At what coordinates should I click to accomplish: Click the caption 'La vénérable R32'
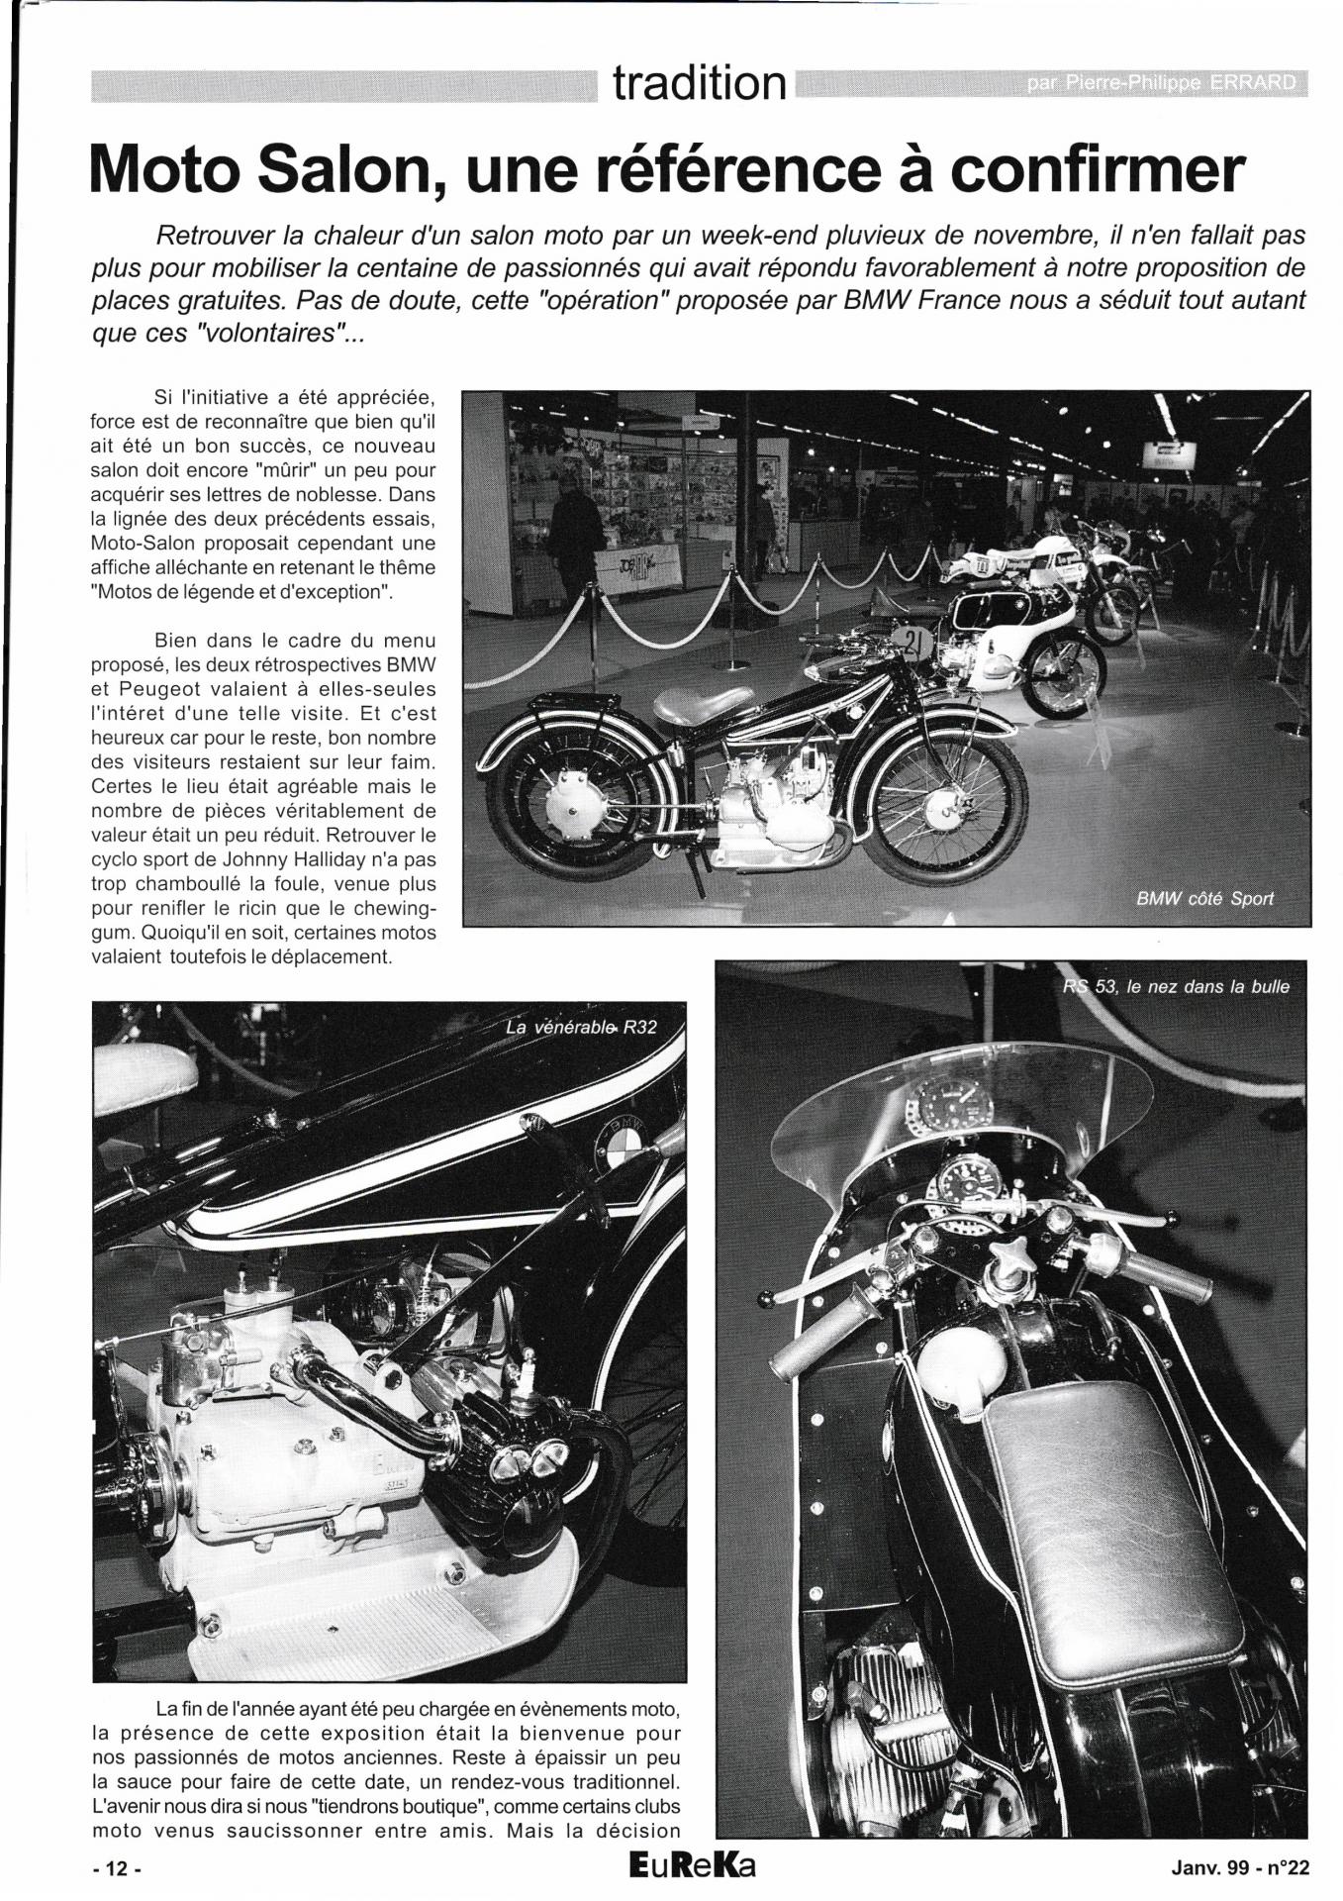(x=581, y=1027)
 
